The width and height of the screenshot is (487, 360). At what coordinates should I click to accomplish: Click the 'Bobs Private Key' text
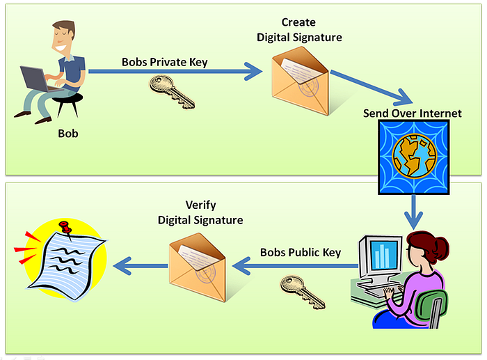click(165, 62)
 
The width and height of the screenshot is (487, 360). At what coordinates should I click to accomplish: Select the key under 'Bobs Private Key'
click(172, 92)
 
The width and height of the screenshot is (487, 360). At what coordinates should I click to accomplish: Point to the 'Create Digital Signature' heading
click(298, 31)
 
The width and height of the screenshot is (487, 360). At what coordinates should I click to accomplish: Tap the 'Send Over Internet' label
click(412, 113)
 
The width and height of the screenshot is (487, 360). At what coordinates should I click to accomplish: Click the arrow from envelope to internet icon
click(369, 86)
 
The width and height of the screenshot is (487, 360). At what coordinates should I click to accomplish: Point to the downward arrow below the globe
click(415, 210)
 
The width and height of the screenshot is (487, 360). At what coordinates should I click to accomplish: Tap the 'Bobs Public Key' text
click(301, 252)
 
